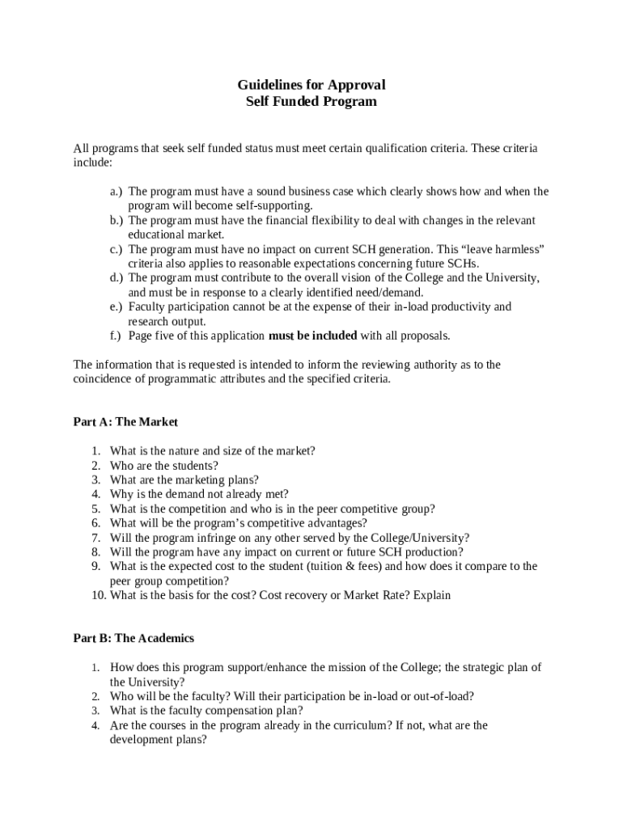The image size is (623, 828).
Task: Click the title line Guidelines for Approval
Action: [x=311, y=85]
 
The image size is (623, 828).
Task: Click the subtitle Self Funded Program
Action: [x=311, y=102]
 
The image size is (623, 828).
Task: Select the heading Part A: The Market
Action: [x=125, y=422]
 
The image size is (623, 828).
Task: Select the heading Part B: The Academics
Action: [x=133, y=638]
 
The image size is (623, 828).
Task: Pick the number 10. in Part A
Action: [x=98, y=595]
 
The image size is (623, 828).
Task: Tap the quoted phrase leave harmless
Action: [x=502, y=249]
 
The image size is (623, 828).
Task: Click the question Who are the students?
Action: [x=164, y=466]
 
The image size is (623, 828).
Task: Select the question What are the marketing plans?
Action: [x=184, y=479]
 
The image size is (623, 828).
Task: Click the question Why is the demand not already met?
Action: [x=199, y=494]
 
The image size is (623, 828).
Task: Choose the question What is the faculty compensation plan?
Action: [x=206, y=711]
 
